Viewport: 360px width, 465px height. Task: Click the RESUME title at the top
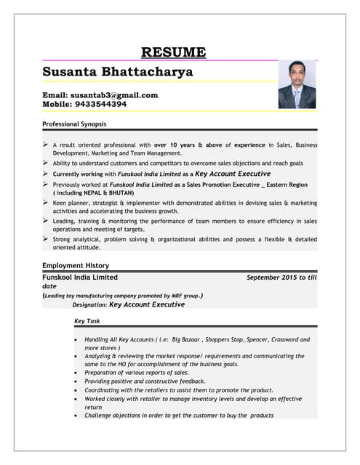click(173, 52)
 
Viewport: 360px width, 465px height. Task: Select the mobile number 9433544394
click(101, 105)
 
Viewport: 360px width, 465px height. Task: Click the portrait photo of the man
click(297, 85)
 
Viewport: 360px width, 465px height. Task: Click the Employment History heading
click(76, 266)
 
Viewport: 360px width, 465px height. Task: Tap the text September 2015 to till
click(281, 278)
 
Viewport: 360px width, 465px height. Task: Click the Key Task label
click(87, 321)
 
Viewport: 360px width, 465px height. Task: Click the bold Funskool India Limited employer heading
click(80, 278)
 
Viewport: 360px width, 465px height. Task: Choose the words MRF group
click(183, 296)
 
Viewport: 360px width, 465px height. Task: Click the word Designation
click(89, 305)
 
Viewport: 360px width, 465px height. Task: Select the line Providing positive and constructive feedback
click(145, 381)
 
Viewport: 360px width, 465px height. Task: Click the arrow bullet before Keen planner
click(47, 203)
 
